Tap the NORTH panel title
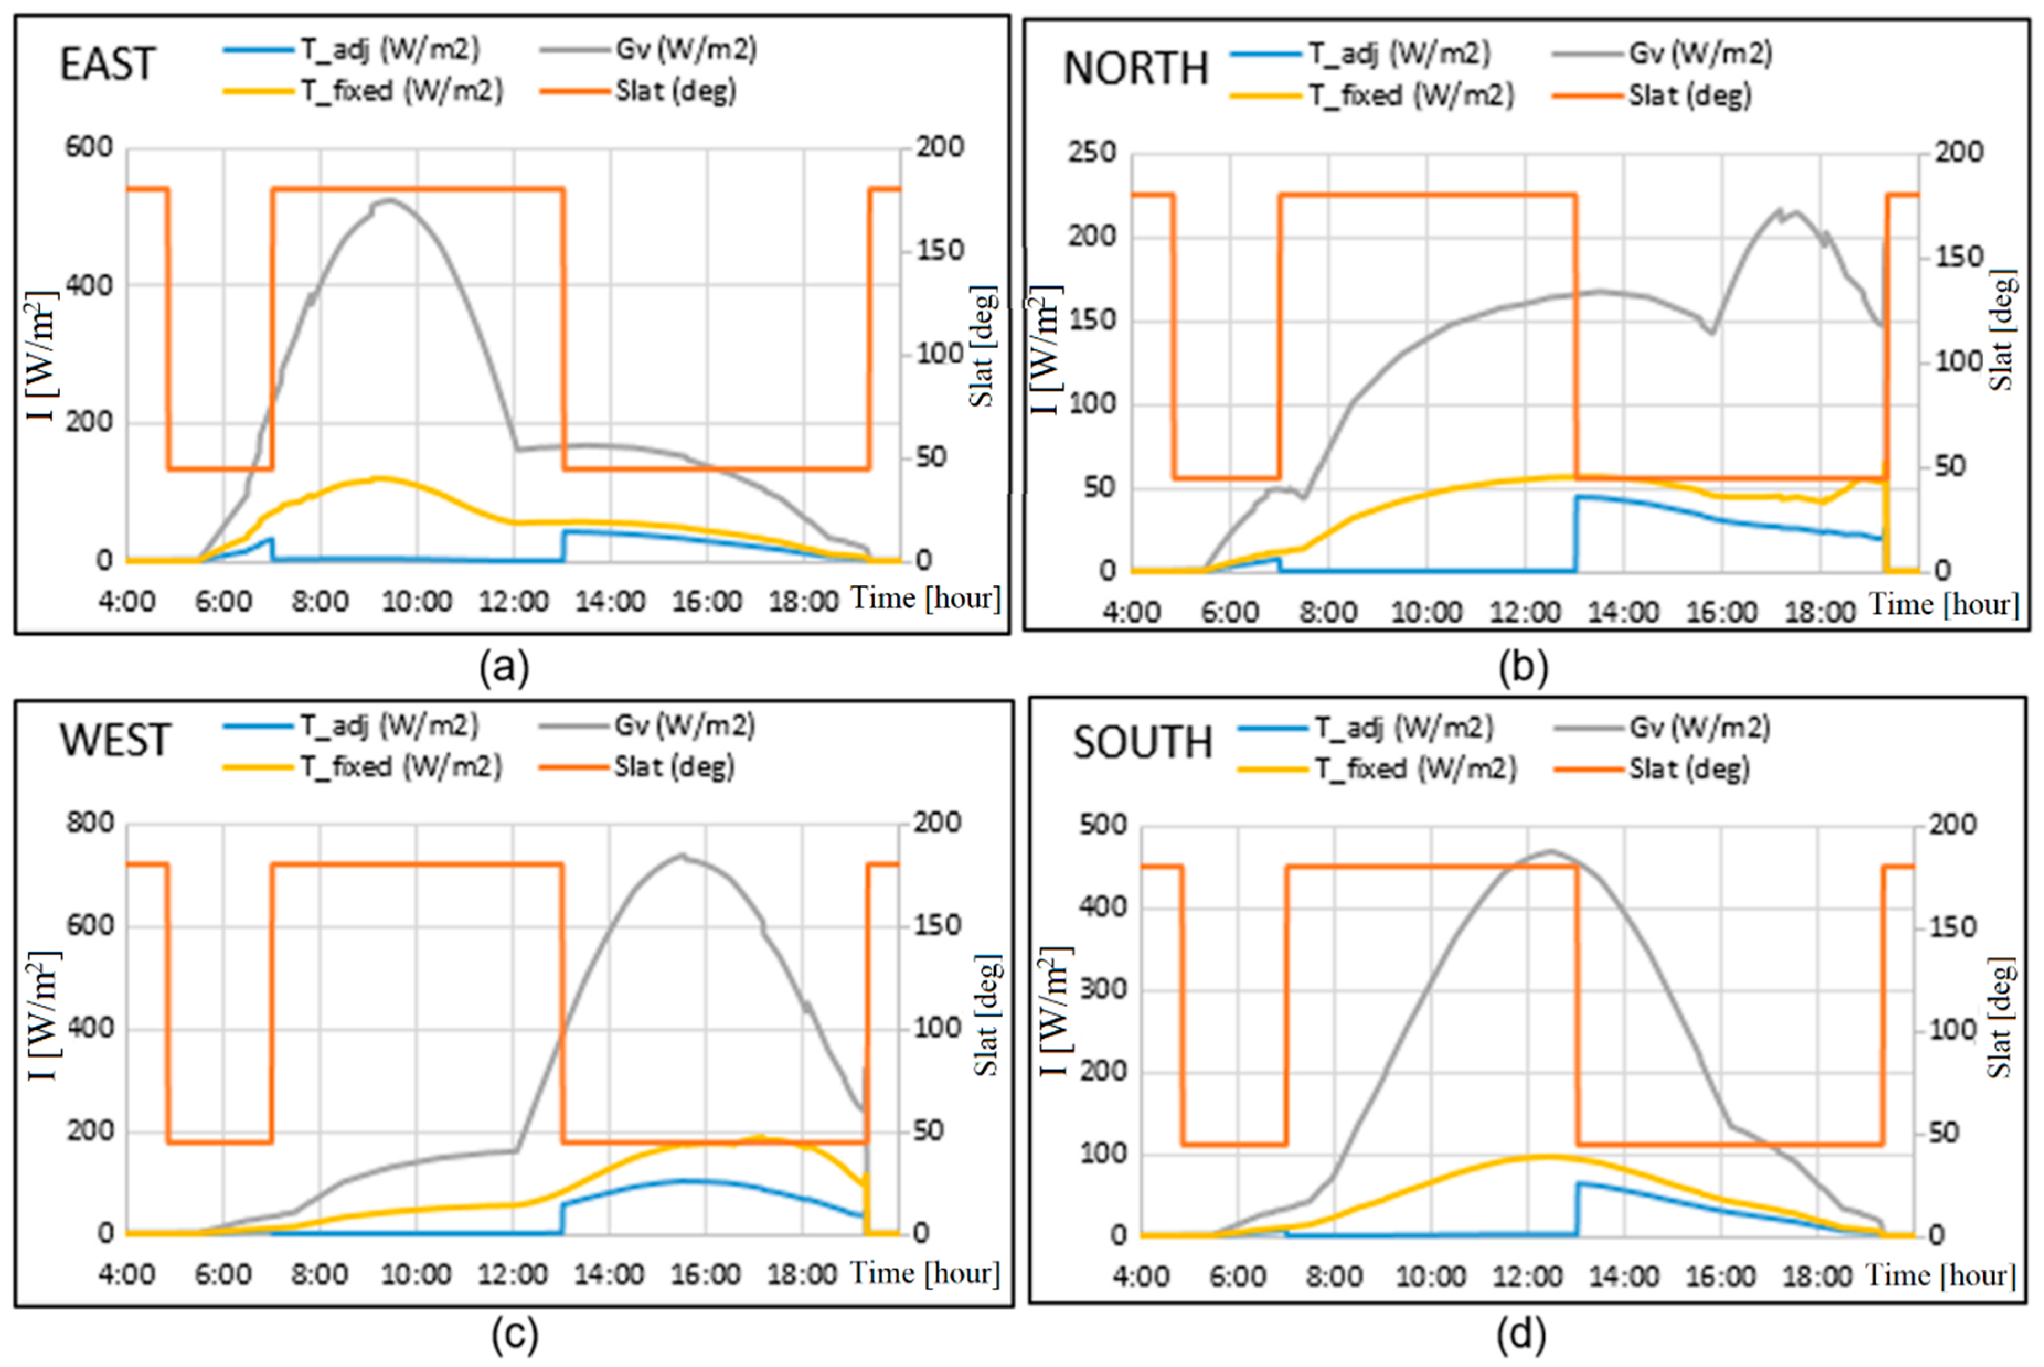click(x=1135, y=69)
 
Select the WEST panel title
click(x=114, y=741)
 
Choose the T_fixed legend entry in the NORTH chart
click(x=1410, y=95)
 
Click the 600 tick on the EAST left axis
click(x=89, y=147)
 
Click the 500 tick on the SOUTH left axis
click(x=1102, y=825)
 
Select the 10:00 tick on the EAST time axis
click(x=417, y=601)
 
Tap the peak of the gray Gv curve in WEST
click(x=682, y=855)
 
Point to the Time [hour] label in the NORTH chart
click(x=1944, y=604)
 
